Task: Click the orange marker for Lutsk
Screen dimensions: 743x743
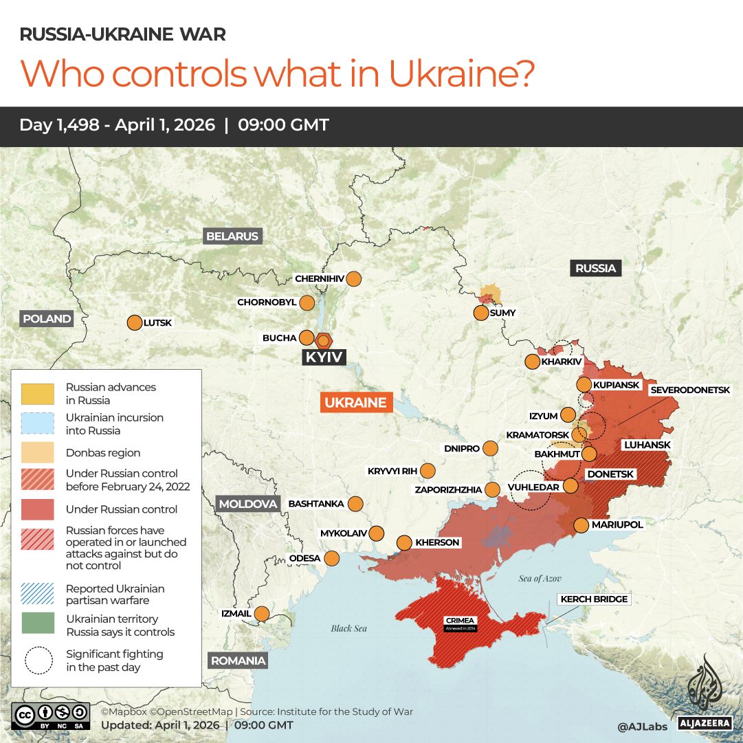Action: pos(134,322)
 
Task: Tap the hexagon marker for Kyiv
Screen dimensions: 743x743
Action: pos(324,340)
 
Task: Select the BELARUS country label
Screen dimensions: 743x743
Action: pos(232,236)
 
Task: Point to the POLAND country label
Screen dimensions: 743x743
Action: pos(47,319)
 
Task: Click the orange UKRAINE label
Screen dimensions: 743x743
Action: pos(355,403)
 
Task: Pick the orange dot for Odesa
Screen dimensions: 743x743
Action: pos(332,558)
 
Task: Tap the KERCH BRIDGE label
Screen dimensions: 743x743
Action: pos(594,599)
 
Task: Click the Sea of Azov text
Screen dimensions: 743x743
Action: pos(540,579)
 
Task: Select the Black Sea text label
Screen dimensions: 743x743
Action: pos(349,628)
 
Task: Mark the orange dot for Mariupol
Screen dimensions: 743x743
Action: pos(581,525)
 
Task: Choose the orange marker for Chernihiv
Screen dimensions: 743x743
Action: pos(354,279)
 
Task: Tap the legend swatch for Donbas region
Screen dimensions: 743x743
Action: pos(38,453)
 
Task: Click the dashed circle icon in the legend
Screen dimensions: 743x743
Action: pos(38,661)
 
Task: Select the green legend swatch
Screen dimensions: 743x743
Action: pos(38,625)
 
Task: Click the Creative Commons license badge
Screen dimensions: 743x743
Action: pos(50,716)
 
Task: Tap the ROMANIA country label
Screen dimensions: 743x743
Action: pos(238,661)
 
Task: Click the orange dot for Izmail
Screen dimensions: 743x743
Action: pos(262,613)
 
